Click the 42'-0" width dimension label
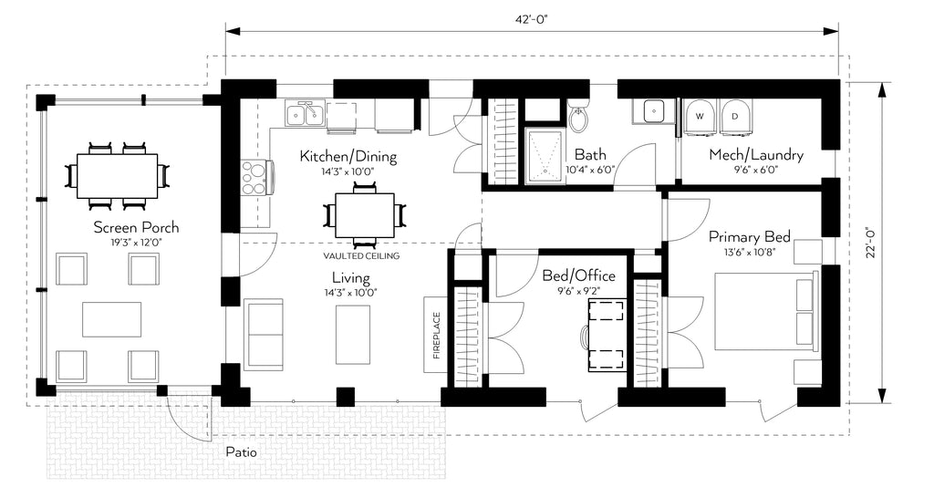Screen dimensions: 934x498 [532, 18]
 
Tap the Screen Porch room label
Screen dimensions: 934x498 [136, 227]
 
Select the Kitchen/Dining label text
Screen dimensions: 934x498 [348, 157]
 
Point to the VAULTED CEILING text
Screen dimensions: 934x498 [361, 256]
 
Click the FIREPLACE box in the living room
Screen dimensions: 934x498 [436, 334]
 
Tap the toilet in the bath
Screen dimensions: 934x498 [576, 117]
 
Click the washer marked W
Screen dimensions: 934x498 [700, 117]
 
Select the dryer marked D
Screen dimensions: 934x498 [735, 117]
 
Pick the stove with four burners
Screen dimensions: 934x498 [256, 178]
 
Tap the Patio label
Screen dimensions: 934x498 [241, 452]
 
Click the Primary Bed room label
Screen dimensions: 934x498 [750, 237]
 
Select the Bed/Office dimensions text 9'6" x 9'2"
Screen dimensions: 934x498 [578, 291]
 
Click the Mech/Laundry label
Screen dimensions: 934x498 [756, 155]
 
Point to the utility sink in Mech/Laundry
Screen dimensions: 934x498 [653, 110]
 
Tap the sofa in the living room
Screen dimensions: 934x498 [264, 335]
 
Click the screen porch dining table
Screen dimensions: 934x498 [118, 177]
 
